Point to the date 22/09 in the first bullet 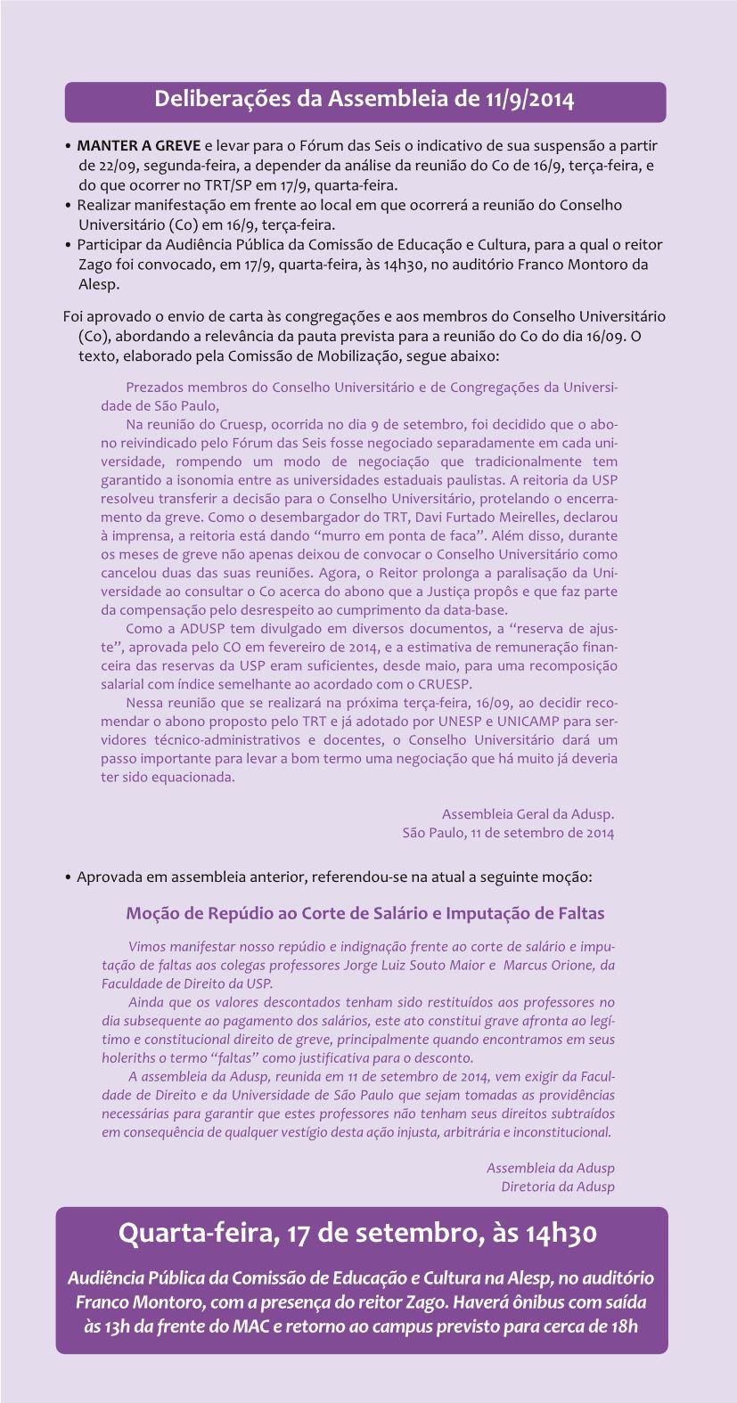pyautogui.click(x=95, y=165)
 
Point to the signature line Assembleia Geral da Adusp pyautogui.click(x=528, y=814)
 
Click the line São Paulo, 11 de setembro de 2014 pyautogui.click(x=508, y=833)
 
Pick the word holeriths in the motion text pyautogui.click(x=131, y=1057)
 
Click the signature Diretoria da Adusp pyautogui.click(x=557, y=1187)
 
